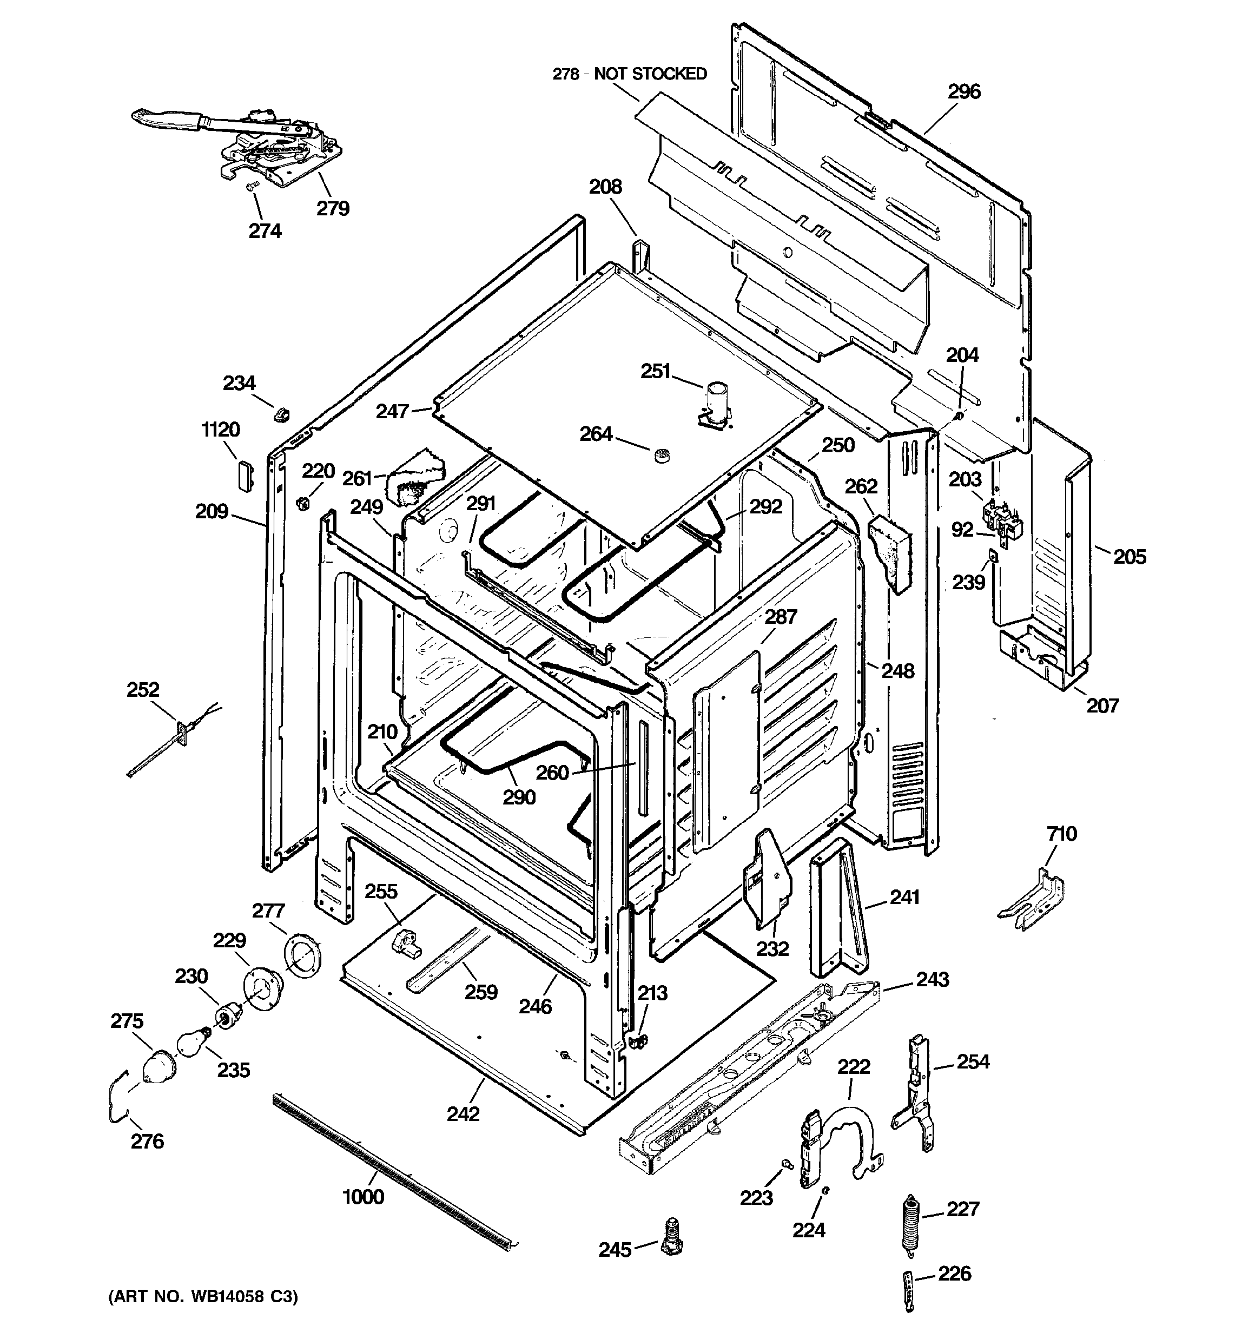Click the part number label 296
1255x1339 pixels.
tap(964, 91)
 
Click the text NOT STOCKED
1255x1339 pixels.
tap(650, 74)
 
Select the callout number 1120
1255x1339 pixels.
tap(220, 429)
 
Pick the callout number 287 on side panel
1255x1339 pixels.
tap(781, 616)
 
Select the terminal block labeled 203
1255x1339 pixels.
tap(1002, 517)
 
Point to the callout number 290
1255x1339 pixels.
tap(519, 797)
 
